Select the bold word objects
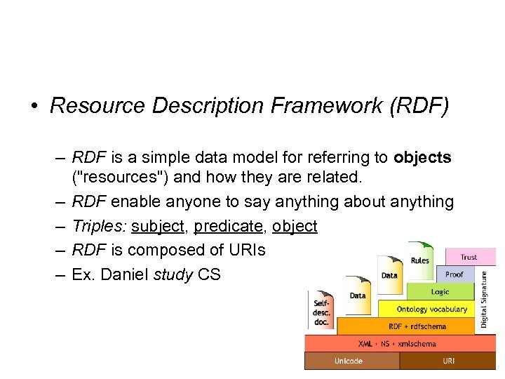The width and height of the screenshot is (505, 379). (422, 157)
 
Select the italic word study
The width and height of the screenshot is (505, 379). (174, 274)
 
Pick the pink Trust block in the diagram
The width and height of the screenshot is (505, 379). (469, 257)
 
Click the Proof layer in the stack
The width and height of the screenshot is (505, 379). (454, 274)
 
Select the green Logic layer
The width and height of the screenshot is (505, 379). (440, 291)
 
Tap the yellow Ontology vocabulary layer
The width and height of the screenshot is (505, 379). (431, 309)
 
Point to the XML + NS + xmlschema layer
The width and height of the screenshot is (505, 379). (397, 343)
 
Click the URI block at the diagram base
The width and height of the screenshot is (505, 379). (448, 361)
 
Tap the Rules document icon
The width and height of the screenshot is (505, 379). (419, 260)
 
